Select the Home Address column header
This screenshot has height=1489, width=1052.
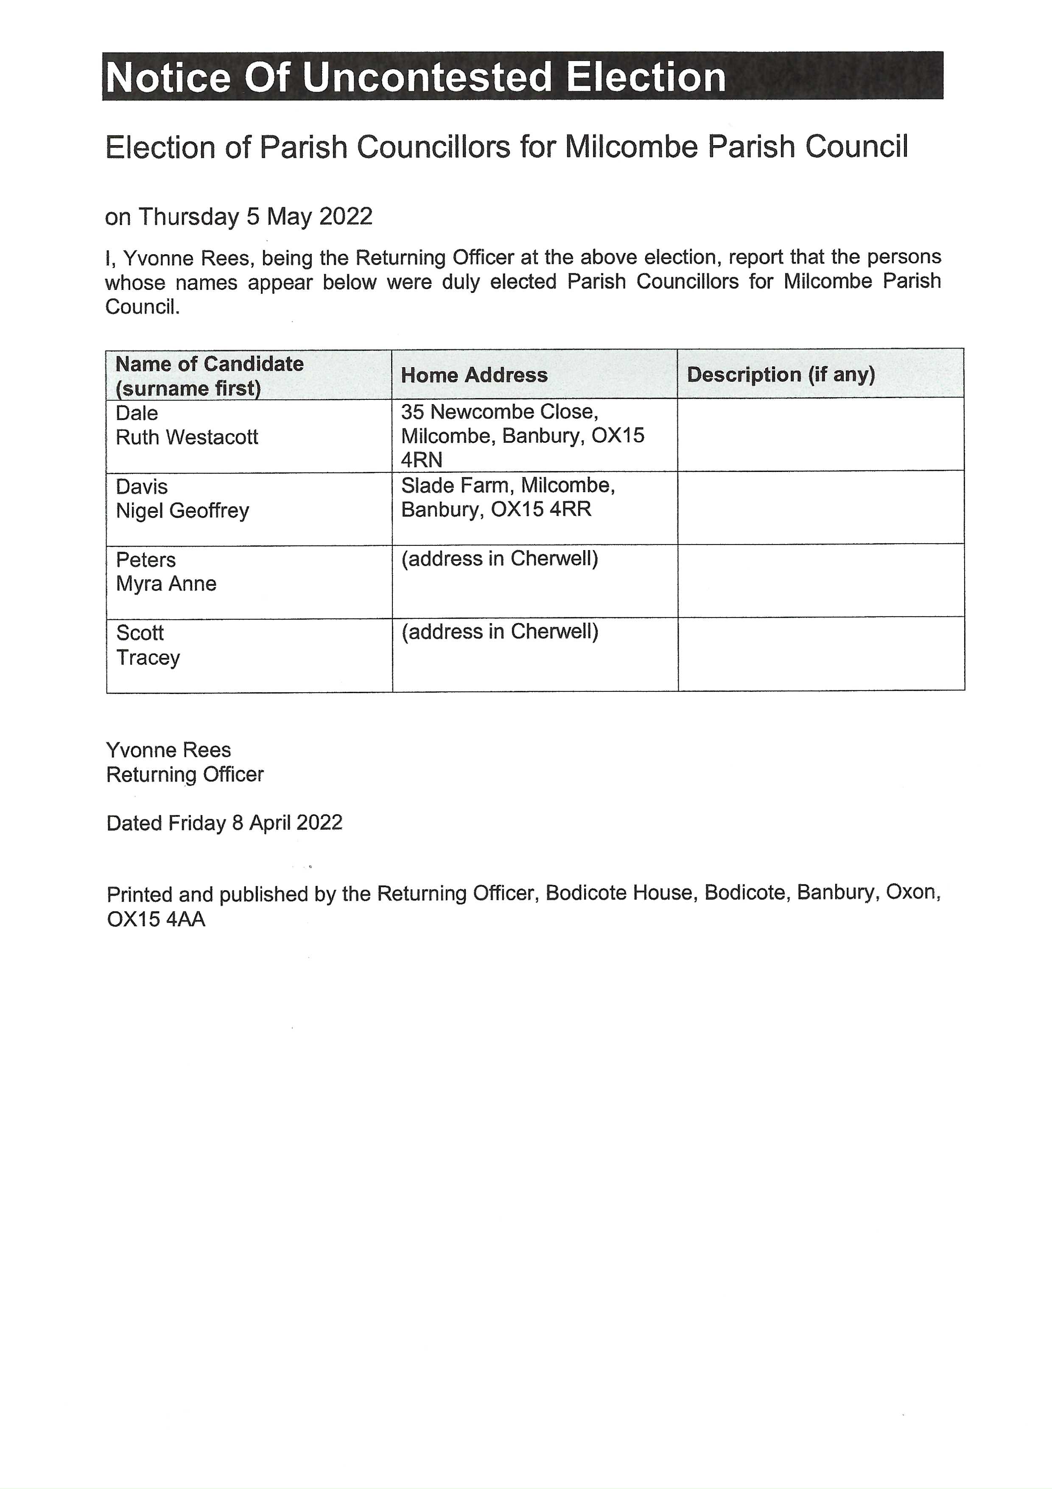pos(474,375)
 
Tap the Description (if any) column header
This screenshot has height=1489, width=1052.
pos(781,374)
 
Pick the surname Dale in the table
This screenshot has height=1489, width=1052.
pos(137,413)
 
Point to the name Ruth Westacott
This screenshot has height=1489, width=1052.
pos(187,437)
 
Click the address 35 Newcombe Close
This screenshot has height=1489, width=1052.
pos(499,412)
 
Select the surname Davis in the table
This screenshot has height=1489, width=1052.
pos(141,486)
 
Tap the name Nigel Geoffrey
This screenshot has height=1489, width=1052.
pos(182,511)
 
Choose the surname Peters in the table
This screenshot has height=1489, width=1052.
pos(146,560)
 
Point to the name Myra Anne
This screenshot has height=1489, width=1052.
pos(166,584)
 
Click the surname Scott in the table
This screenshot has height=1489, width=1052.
pos(140,633)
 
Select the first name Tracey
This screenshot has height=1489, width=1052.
pos(148,657)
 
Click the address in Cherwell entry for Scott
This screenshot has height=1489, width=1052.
pos(499,632)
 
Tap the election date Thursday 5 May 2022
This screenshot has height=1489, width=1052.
pos(255,216)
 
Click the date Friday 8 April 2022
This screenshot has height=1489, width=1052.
pos(255,823)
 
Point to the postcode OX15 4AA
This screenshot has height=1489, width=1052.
pos(156,920)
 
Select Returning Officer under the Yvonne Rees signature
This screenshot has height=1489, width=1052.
pos(185,774)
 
